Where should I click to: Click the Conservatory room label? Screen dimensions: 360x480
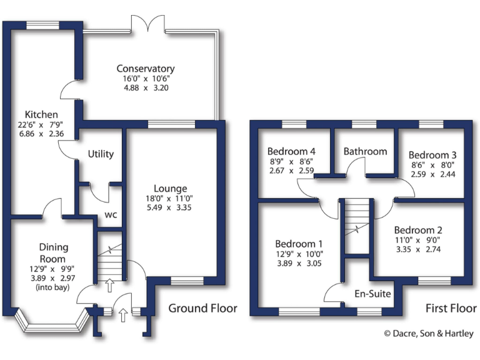pyautogui.click(x=145, y=68)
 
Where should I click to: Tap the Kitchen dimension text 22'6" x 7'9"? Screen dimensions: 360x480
pyautogui.click(x=41, y=124)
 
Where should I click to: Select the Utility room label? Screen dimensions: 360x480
pyautogui.click(x=100, y=154)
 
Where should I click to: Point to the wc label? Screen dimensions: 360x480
pyautogui.click(x=111, y=214)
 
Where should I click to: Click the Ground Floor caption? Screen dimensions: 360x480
pyautogui.click(x=202, y=308)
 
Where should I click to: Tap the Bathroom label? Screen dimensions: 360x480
pyautogui.click(x=365, y=151)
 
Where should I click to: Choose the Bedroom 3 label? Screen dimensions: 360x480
pyautogui.click(x=432, y=155)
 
